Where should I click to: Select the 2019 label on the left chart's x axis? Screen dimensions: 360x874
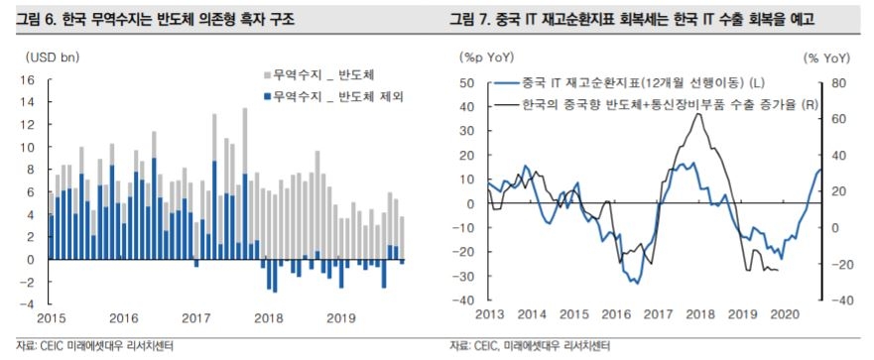pos(340,318)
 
